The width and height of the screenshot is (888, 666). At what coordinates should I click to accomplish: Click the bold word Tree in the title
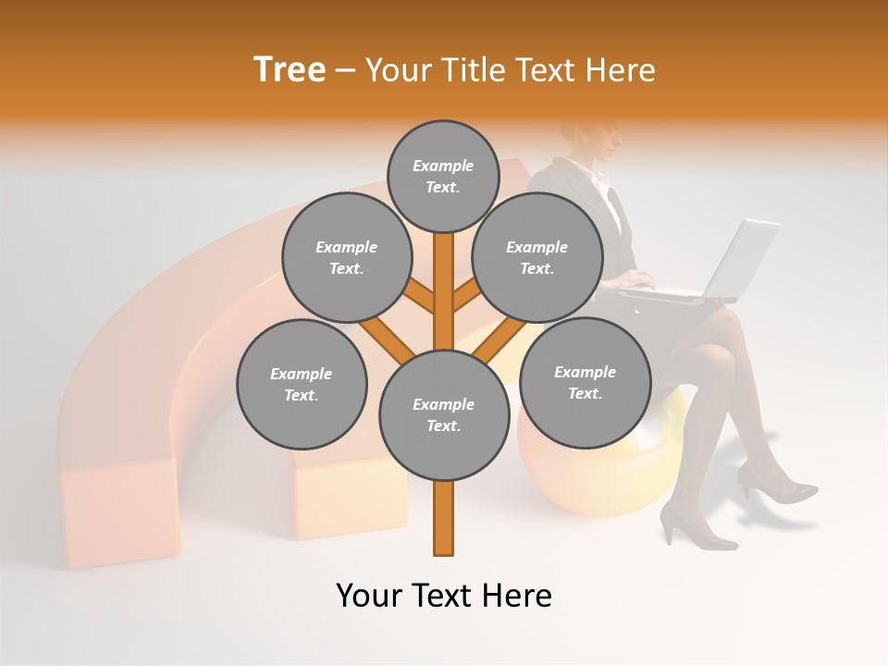[x=290, y=69]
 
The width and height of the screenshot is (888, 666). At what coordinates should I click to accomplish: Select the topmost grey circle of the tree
[x=443, y=176]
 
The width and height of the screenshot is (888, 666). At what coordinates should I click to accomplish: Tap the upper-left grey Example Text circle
[x=346, y=258]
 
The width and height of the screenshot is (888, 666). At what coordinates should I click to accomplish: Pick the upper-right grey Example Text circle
[x=536, y=258]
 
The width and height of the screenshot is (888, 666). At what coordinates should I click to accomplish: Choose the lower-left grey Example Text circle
[x=302, y=384]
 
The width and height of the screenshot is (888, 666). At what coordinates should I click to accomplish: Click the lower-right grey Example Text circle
[x=585, y=382]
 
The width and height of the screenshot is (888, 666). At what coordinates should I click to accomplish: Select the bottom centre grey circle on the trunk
[x=444, y=414]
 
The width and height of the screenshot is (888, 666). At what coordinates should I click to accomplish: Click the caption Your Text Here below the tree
[x=443, y=596]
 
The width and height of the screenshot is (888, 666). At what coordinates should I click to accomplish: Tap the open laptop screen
[x=746, y=260]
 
